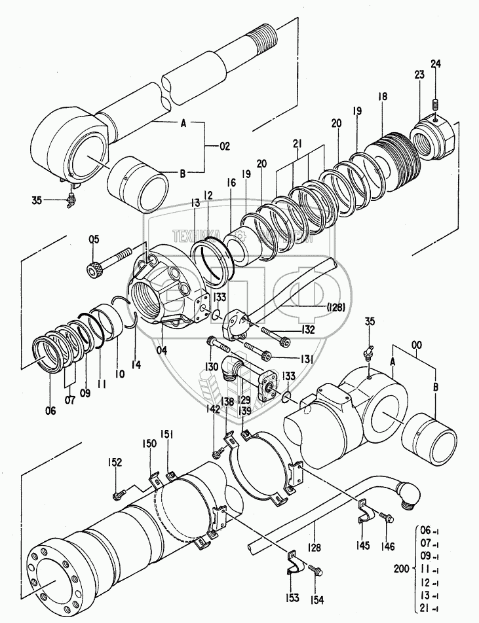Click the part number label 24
pos(436,63)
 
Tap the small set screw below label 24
pos(435,103)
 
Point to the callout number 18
pos(382,96)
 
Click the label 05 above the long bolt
pos(94,240)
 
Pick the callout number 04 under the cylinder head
pos(161,350)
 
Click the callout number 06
pos(50,410)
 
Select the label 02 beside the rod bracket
pos(224,147)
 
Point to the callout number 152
pos(115,463)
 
